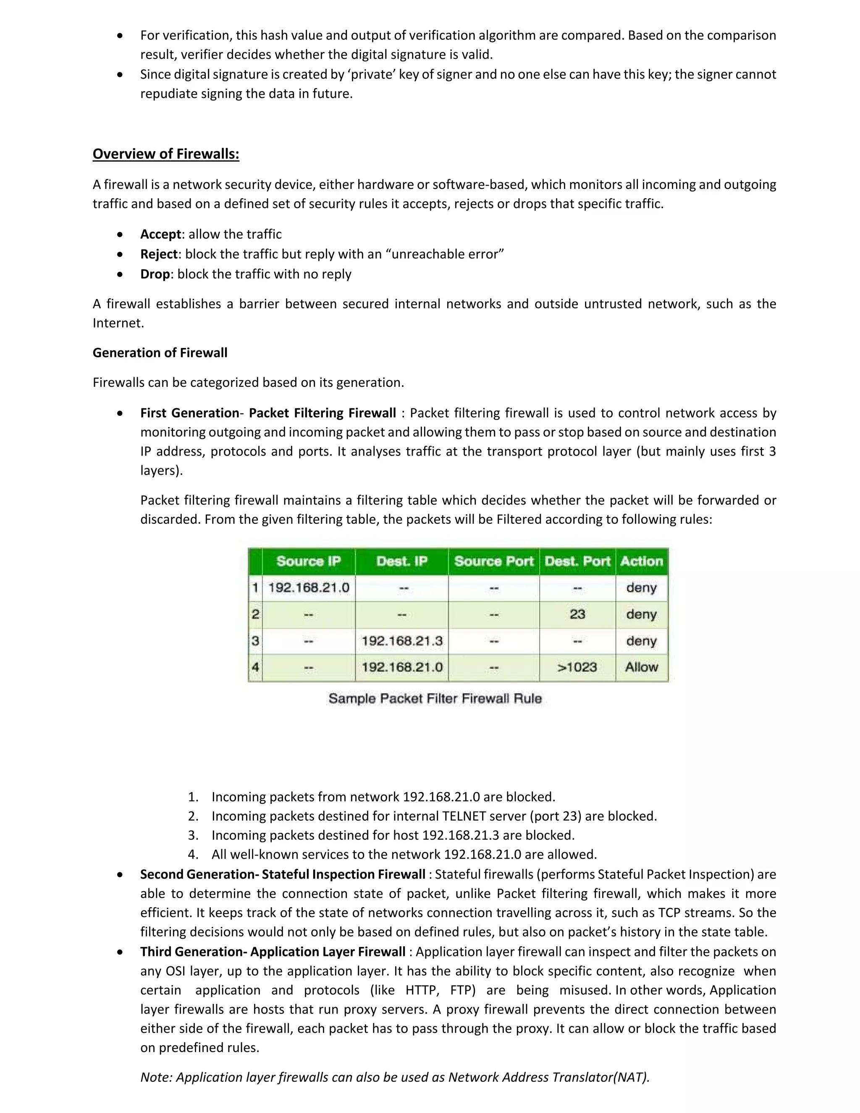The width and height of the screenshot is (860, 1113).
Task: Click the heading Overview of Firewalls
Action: click(x=165, y=154)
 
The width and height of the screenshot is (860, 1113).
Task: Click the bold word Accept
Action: click(x=160, y=234)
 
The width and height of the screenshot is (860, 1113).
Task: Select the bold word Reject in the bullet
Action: click(x=159, y=254)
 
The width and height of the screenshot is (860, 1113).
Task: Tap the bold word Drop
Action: click(x=155, y=274)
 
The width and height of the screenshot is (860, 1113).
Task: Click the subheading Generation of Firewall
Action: click(x=160, y=353)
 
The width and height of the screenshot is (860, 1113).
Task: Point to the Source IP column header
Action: click(x=308, y=561)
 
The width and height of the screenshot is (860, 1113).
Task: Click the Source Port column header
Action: click(x=493, y=561)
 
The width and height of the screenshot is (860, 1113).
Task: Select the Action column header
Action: click(x=641, y=561)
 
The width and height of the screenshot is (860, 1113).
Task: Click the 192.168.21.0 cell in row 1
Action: click(x=308, y=588)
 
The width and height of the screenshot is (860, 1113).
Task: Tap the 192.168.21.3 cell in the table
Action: click(x=401, y=640)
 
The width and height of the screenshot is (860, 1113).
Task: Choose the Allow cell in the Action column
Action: click(x=641, y=667)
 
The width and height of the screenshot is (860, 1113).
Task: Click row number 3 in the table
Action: click(x=255, y=640)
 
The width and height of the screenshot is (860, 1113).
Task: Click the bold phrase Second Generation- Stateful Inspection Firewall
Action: click(x=282, y=874)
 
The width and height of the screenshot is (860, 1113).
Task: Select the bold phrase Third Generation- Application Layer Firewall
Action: click(x=273, y=952)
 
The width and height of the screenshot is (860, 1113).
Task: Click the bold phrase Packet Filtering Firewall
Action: click(x=322, y=413)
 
